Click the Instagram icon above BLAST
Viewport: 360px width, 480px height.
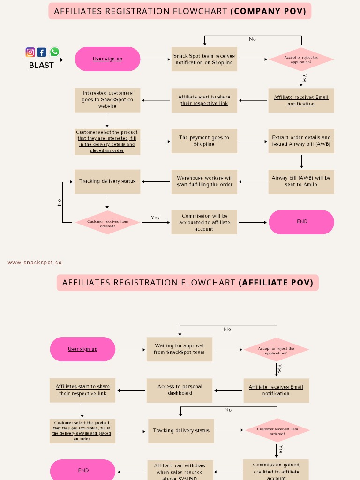(30, 52)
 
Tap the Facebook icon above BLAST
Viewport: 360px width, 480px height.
(42, 52)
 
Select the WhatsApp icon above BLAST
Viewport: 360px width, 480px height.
(55, 52)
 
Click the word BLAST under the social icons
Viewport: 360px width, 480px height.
(41, 65)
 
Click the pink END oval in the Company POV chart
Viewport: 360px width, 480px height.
(301, 222)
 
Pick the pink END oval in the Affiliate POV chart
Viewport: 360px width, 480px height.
(82, 470)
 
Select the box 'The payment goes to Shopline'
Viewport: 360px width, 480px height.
(204, 141)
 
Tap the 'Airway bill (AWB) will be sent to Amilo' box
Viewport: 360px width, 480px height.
(301, 181)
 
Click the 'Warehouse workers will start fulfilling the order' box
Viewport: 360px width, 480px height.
(204, 181)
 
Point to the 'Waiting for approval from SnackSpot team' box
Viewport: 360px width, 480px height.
(179, 349)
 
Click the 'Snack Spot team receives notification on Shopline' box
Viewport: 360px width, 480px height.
(204, 59)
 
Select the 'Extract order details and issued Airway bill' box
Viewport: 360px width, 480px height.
(301, 141)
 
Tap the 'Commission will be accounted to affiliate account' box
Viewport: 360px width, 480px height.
(204, 222)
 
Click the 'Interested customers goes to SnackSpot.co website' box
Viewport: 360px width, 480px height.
(107, 100)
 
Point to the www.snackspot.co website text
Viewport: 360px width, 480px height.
(35, 262)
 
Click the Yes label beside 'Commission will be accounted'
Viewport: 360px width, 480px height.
(155, 217)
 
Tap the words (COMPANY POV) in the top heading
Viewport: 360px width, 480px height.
(268, 11)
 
